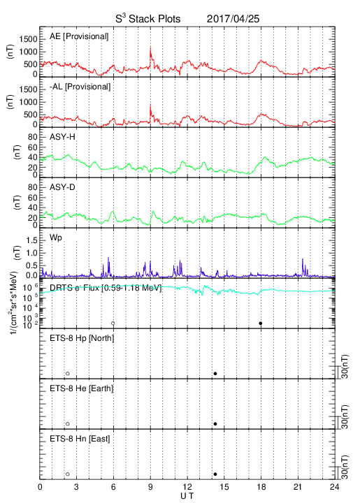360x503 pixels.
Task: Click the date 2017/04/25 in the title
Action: [233, 19]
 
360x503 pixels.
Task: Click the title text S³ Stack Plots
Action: [148, 19]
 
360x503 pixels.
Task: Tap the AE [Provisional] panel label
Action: [79, 36]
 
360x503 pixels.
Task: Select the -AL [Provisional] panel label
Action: [80, 87]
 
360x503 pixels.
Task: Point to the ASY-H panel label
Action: [62, 137]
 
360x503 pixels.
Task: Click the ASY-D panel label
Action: [62, 187]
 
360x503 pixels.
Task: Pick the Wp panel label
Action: [56, 238]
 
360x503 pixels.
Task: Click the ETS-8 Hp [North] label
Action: [82, 338]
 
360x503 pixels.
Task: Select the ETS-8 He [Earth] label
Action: [82, 388]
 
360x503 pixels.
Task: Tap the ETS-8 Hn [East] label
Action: [80, 439]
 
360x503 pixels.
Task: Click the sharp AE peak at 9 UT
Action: [150, 48]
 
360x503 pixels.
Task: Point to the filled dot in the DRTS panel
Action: [261, 323]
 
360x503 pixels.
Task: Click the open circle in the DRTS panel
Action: [113, 323]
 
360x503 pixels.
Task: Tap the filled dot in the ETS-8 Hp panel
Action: [215, 373]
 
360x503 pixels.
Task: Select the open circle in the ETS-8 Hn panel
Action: [68, 474]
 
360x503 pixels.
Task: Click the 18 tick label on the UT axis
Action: [261, 487]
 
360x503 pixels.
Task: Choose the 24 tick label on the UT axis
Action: [335, 487]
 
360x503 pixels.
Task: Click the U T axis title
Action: [187, 496]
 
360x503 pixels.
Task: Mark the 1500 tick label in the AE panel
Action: [28, 39]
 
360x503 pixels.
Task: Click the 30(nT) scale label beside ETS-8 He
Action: [345, 416]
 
